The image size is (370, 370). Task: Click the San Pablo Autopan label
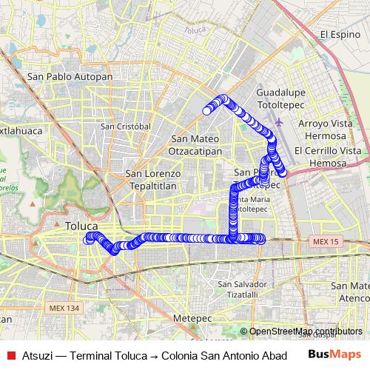pyautogui.click(x=70, y=76)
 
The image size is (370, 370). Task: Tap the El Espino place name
pyautogui.click(x=339, y=34)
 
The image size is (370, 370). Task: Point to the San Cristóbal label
pyautogui.click(x=126, y=127)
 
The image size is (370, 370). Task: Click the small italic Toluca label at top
pyautogui.click(x=194, y=30)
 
